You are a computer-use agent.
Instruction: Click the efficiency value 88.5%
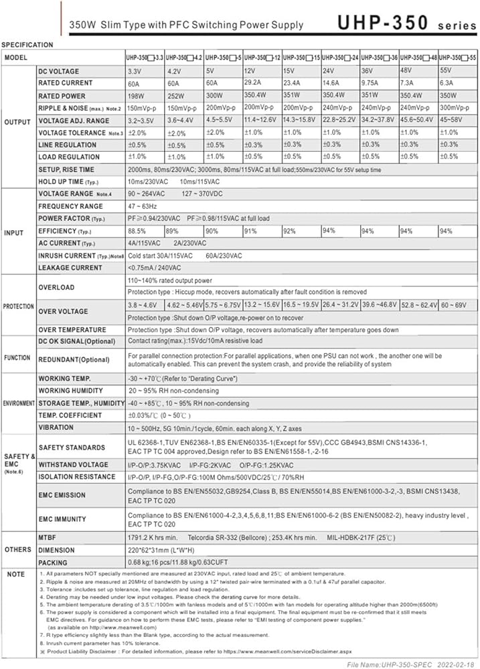[137, 231]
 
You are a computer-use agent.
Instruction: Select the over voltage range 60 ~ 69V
[457, 305]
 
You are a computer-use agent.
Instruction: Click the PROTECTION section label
[18, 306]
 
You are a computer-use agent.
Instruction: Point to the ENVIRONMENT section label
[19, 404]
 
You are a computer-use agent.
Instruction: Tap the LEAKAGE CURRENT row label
[70, 268]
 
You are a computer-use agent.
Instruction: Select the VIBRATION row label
[56, 427]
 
